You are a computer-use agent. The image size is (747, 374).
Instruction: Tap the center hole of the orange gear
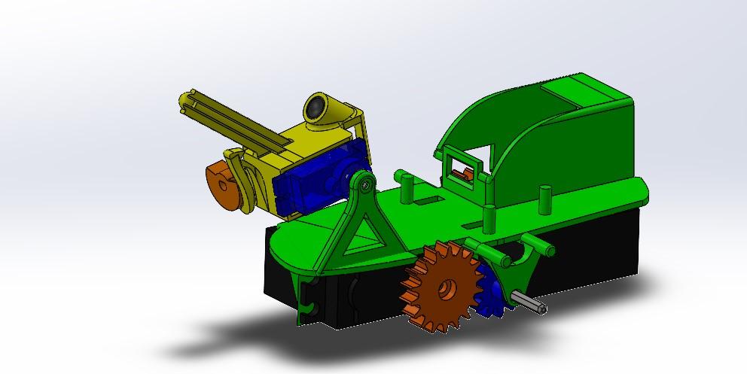pos(447,287)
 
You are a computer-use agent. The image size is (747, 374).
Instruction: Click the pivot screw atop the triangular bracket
pos(365,182)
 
